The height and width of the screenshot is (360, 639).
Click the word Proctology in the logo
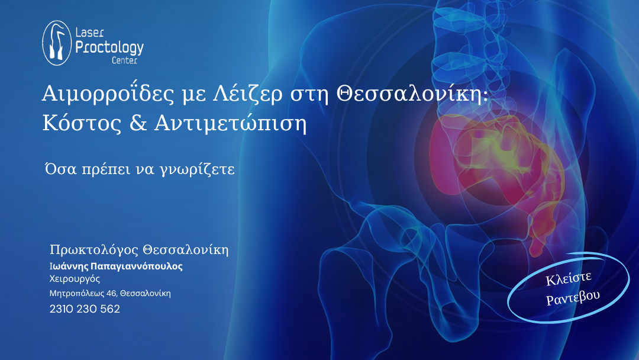(x=109, y=48)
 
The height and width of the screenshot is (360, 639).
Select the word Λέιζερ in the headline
(x=248, y=94)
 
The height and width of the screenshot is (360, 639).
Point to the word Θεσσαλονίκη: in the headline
(x=412, y=94)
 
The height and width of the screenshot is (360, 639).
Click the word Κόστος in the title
(x=82, y=123)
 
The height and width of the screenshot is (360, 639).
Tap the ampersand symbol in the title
(x=138, y=123)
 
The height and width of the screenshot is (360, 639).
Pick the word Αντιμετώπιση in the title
(x=230, y=124)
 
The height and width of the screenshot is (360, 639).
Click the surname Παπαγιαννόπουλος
(x=137, y=266)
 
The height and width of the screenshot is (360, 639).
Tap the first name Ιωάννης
(x=69, y=266)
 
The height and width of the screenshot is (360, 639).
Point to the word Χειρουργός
(x=75, y=279)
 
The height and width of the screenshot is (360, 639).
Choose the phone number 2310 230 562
(x=85, y=309)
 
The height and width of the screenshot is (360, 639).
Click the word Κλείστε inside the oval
(x=569, y=279)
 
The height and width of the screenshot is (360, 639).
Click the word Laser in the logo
(x=90, y=33)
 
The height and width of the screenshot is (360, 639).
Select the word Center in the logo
(x=124, y=60)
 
